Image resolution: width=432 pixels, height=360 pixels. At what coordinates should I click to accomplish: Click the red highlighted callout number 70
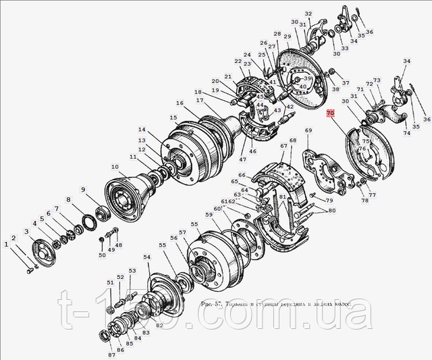pyautogui.click(x=330, y=113)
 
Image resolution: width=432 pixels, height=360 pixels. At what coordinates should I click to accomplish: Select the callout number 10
pyautogui.click(x=115, y=166)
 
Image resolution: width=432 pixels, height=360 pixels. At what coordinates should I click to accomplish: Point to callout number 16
pyautogui.click(x=180, y=103)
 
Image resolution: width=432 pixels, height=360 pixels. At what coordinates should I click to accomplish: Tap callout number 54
pyautogui.click(x=147, y=257)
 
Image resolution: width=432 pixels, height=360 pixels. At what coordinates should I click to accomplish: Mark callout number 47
pyautogui.click(x=242, y=159)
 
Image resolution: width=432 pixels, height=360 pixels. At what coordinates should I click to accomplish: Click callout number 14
pyautogui.click(x=142, y=130)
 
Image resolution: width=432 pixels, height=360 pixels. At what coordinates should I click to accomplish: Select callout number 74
pyautogui.click(x=406, y=133)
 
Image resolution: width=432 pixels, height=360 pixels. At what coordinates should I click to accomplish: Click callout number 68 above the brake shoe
pyautogui.click(x=293, y=141)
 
